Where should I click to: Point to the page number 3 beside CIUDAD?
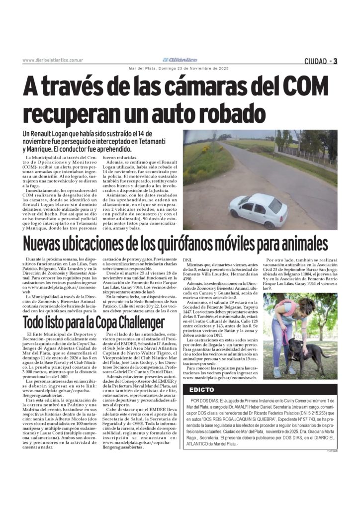pos(336,61)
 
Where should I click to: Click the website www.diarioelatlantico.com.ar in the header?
pos(53,61)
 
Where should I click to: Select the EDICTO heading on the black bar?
pos(201,390)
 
